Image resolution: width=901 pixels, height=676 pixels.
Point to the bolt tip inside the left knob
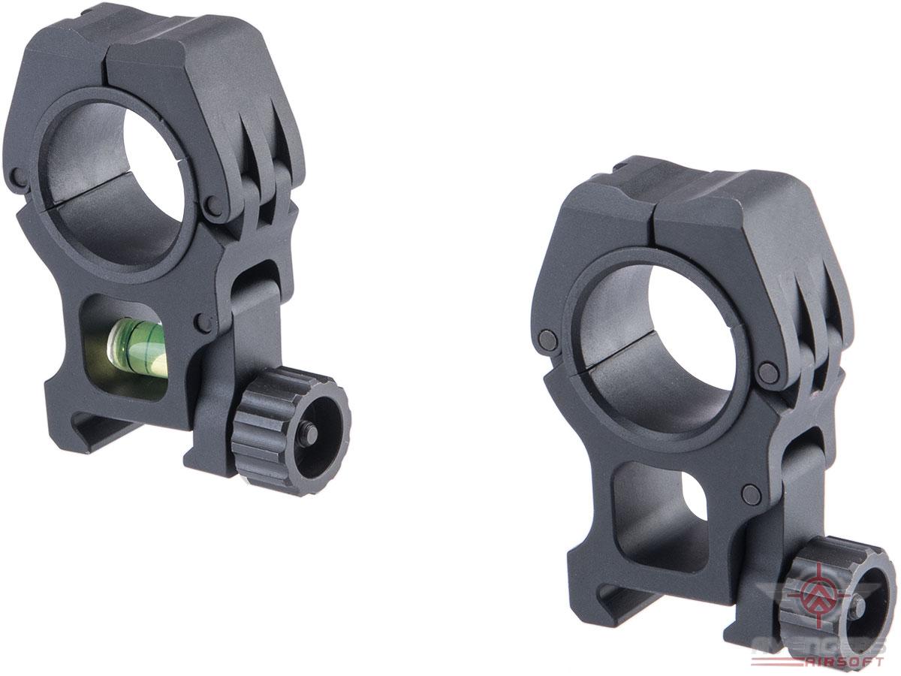(309, 433)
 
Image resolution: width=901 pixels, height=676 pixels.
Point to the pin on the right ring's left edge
(549, 340)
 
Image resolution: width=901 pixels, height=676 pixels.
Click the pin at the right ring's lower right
(767, 371)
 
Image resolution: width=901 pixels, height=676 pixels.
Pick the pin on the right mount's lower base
(749, 493)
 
